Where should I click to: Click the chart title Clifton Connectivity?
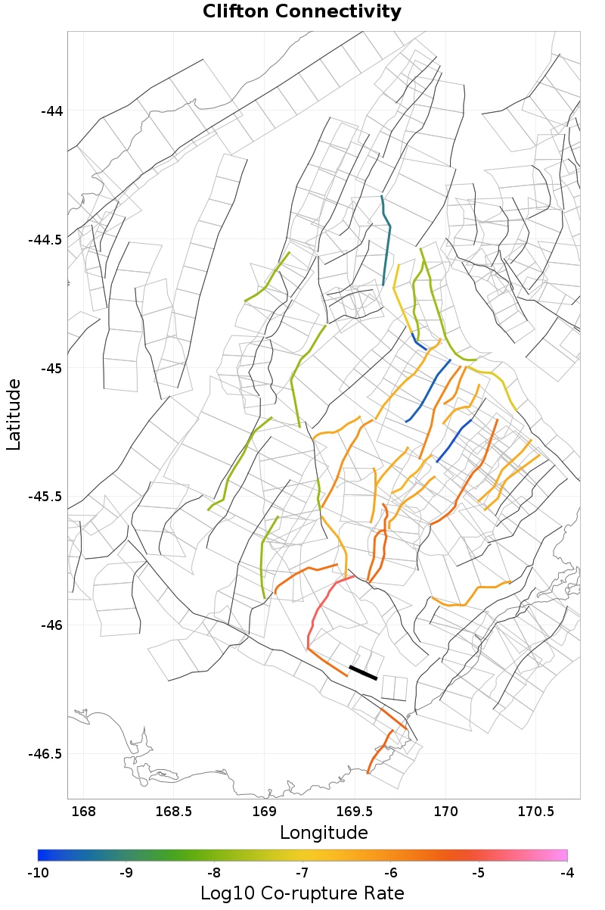[302, 12]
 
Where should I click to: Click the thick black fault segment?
[363, 672]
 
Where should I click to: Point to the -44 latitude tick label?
[51, 111]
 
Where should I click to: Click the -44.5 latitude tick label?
[45, 240]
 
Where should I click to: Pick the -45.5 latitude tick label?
[45, 497]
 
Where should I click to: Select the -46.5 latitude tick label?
[45, 754]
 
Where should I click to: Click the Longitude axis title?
[324, 833]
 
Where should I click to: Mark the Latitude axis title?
[14, 415]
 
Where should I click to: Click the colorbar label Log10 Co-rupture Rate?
[302, 893]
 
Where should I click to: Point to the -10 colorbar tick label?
[38, 872]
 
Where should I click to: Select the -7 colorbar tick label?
[302, 872]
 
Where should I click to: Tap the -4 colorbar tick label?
[566, 872]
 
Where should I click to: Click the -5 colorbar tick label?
[479, 872]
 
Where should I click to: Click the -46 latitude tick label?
[51, 625]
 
